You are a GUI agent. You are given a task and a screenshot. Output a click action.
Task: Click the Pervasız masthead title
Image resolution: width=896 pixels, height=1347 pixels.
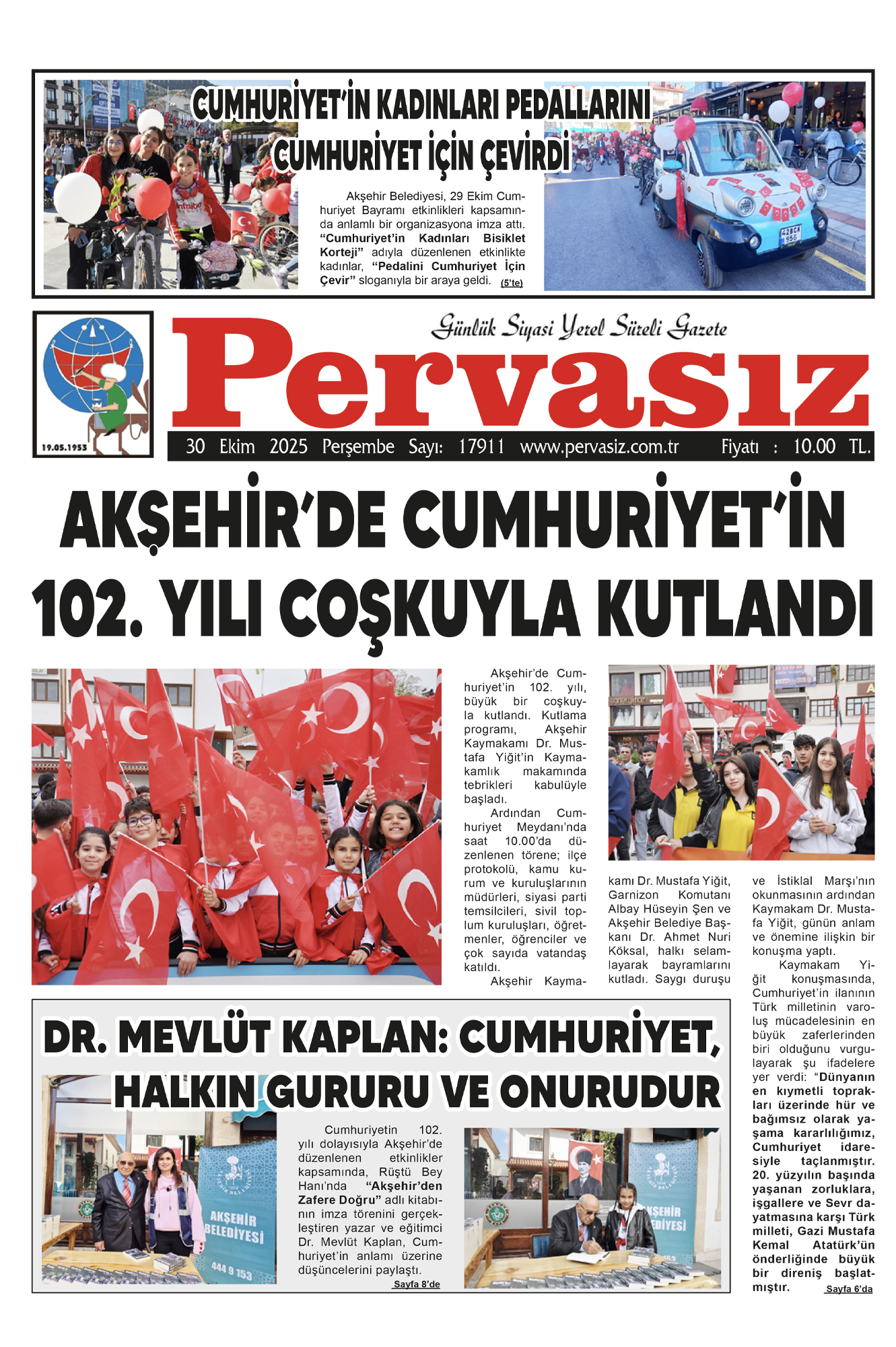point(520,374)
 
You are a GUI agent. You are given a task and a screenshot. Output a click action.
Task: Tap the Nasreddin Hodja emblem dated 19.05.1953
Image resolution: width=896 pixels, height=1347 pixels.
point(93,384)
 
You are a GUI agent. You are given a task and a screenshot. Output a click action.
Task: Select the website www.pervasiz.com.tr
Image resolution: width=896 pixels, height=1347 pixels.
point(599,447)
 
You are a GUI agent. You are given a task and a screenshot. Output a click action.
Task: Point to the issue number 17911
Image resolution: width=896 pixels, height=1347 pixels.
point(481,447)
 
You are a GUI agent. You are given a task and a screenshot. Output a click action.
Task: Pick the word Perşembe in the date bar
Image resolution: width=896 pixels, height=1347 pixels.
point(358,447)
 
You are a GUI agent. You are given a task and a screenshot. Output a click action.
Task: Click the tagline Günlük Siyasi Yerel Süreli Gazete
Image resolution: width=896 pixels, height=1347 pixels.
point(579,327)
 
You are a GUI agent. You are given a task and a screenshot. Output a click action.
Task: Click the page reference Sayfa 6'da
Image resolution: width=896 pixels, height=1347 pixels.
point(849,1289)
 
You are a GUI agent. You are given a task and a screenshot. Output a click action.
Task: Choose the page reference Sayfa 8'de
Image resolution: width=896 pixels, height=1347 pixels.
point(417,1284)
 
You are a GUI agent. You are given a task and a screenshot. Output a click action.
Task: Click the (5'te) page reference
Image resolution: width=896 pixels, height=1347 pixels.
point(512,283)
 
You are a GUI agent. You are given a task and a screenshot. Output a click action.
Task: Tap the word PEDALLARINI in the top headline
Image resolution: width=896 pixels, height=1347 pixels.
point(578,106)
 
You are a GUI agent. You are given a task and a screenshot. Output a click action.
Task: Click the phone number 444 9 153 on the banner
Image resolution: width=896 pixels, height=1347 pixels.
point(232,1271)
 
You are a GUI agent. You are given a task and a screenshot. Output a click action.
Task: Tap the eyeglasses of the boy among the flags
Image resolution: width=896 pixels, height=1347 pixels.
point(139,820)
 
